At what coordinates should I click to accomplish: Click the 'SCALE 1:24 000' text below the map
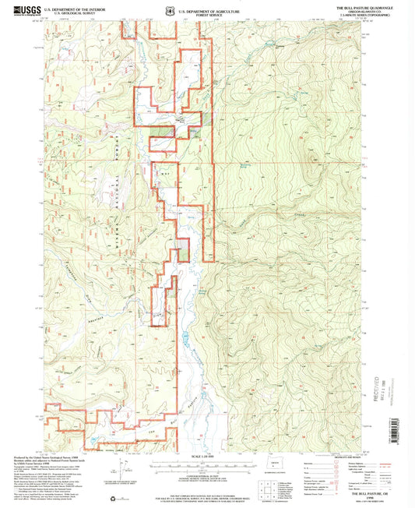pos(206,454)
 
